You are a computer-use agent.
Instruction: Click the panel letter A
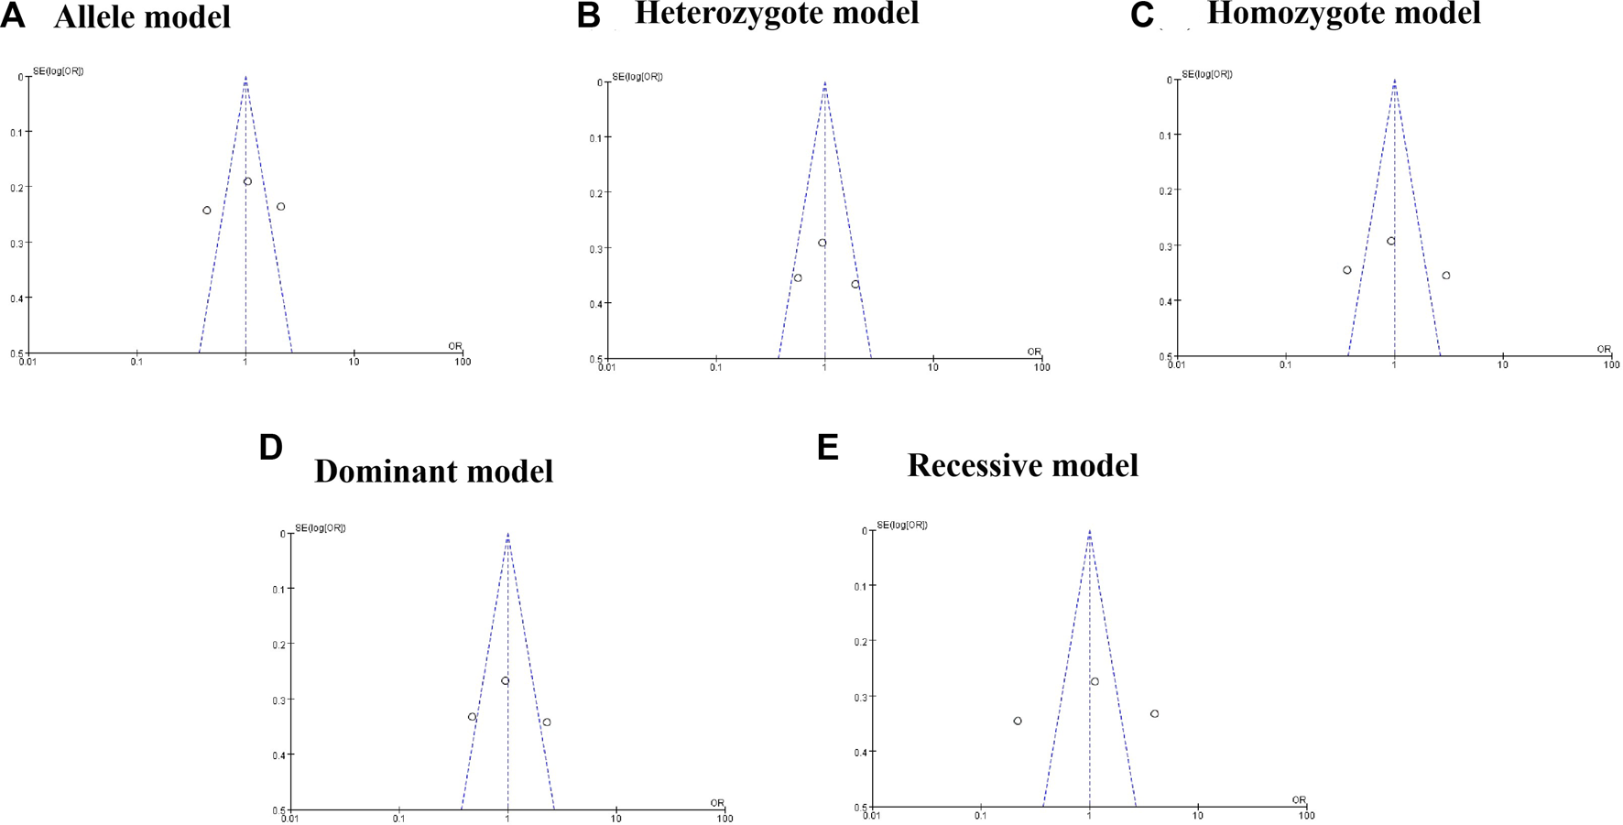13,16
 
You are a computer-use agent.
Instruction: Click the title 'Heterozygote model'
777,14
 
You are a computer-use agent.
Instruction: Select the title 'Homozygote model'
1344,14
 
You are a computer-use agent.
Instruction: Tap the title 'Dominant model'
433,471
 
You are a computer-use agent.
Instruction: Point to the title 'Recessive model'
1022,465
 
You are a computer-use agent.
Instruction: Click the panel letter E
828,448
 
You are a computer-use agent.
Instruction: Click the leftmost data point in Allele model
207,211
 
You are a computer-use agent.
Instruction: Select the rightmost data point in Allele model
281,207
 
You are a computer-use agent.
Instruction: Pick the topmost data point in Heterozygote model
822,243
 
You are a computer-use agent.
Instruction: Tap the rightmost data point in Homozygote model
1446,276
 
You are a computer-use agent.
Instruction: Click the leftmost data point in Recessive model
1018,722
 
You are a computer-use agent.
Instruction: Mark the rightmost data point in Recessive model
1155,714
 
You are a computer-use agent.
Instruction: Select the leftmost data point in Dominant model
473,717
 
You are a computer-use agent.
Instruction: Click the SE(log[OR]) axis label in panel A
59,71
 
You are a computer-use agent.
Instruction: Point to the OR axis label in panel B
1034,352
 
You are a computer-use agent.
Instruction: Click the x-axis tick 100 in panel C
1611,364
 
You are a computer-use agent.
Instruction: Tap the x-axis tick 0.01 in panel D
290,819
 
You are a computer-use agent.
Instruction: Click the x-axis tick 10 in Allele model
354,362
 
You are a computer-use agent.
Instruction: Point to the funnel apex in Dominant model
507,534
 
